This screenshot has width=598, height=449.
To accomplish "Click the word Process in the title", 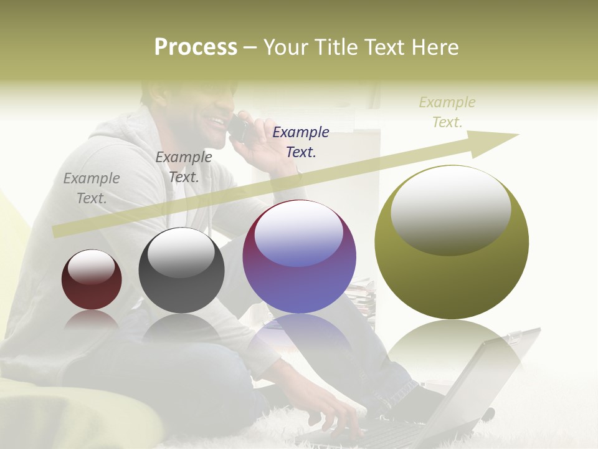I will [x=196, y=47].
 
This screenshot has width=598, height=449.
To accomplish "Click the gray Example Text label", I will [x=92, y=188].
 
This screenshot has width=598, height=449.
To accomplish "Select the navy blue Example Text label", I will [x=301, y=142].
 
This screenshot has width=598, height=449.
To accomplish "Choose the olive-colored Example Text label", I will [x=447, y=112].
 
